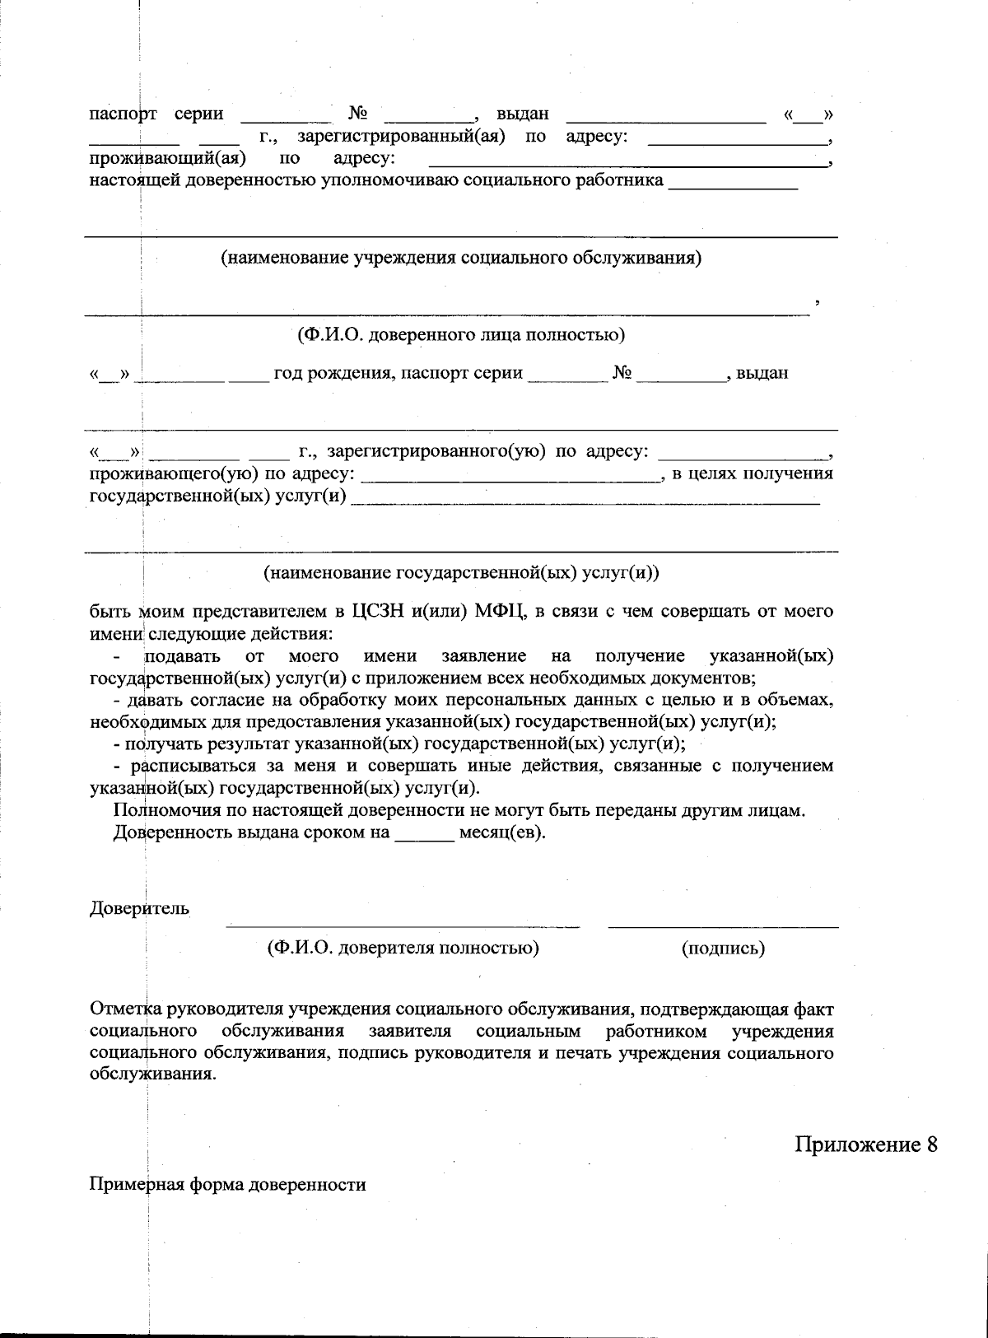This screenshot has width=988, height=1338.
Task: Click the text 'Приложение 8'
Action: [865, 1145]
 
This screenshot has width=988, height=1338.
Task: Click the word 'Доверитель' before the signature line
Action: [138, 909]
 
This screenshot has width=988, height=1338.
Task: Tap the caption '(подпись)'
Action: [723, 948]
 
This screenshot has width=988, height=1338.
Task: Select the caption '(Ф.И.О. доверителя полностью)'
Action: [403, 948]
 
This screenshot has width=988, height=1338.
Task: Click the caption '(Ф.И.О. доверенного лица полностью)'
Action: [461, 335]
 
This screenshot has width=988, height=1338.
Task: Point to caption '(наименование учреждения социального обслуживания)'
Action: [461, 258]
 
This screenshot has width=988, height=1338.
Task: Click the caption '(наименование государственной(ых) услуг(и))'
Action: [461, 572]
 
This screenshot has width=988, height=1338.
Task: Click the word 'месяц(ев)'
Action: [502, 832]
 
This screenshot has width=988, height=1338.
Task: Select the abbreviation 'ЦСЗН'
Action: [378, 612]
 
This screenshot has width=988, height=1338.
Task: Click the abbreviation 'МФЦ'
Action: [497, 612]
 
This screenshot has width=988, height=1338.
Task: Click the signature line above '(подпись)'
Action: [723, 927]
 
